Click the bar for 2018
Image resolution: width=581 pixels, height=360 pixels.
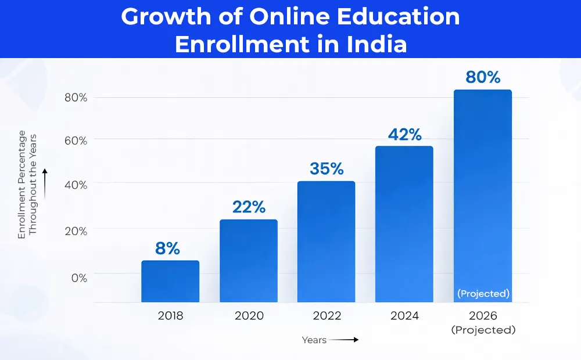pos(170,282)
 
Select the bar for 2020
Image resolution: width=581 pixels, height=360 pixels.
pos(248,261)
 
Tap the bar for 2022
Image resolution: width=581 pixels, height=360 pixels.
pos(326,242)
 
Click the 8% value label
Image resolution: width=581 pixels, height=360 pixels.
pos(167,249)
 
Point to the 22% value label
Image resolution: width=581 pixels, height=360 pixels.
pos(249,207)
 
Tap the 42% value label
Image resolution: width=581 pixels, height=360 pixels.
pos(404,134)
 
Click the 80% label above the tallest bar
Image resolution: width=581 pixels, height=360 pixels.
pos(483,77)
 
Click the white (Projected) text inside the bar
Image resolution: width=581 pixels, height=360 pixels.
pos(483,294)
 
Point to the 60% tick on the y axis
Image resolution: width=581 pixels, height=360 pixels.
pos(76,141)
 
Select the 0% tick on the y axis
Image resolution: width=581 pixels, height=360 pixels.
pos(79,278)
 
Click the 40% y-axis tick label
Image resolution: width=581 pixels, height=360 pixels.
pos(76,185)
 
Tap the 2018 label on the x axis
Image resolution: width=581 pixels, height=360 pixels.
pos(170,316)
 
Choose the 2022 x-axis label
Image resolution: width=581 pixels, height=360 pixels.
pos(326,316)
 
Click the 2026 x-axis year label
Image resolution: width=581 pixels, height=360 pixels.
pos(483,316)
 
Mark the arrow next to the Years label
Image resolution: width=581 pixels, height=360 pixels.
pos(345,340)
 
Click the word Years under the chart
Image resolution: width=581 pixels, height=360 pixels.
pos(314,340)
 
